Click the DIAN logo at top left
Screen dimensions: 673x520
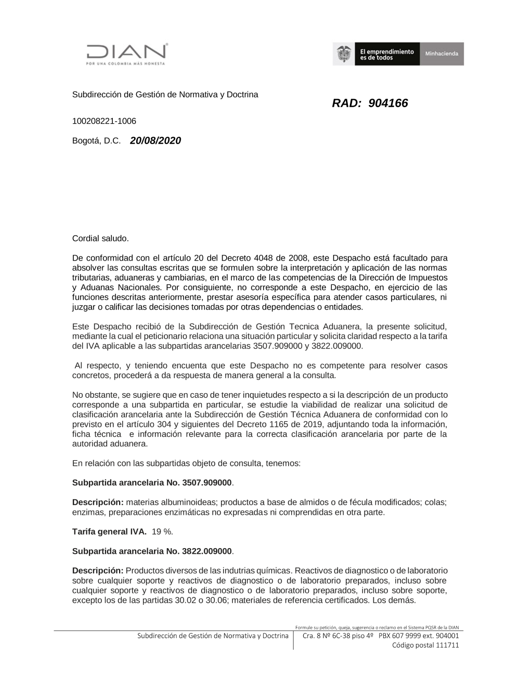[x=126, y=52]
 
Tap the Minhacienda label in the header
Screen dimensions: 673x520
[x=441, y=54]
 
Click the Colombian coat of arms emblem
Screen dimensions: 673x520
[x=343, y=54]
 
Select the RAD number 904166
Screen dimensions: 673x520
[x=388, y=103]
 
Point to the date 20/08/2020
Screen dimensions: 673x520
[x=155, y=140]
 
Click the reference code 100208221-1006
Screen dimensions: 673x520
[x=104, y=121]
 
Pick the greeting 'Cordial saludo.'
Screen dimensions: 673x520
[x=100, y=238]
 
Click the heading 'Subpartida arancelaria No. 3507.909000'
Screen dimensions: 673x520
[x=152, y=482]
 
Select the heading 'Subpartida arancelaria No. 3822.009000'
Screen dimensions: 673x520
[x=152, y=551]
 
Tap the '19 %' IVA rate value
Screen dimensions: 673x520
[x=162, y=532]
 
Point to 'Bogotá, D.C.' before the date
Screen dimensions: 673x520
[x=96, y=141]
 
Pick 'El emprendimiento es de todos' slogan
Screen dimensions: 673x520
[x=387, y=54]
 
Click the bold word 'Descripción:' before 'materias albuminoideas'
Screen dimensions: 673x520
[x=98, y=502]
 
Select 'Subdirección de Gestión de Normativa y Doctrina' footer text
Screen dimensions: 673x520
[x=213, y=636]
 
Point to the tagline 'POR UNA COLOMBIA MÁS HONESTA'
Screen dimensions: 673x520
[x=125, y=63]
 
